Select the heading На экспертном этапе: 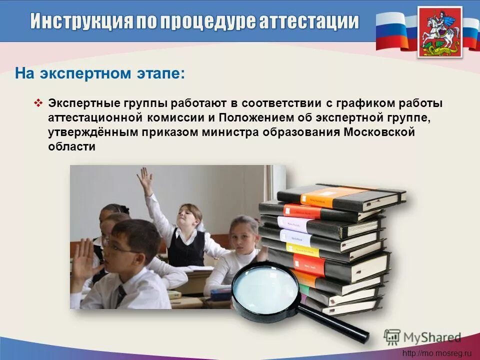(100, 74)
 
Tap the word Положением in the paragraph (264, 118)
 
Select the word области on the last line (71, 147)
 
